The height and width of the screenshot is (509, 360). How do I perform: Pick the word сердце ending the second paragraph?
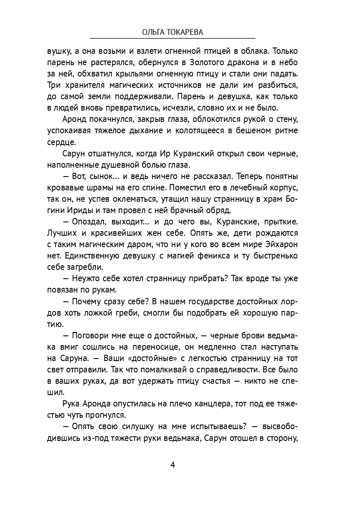(62, 142)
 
